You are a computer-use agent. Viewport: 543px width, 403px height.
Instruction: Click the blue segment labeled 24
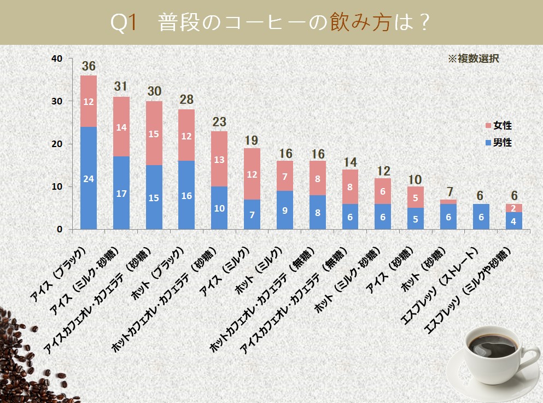click(x=89, y=178)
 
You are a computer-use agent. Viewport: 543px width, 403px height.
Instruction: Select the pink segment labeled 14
click(x=121, y=126)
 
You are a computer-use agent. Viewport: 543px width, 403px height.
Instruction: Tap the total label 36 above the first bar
click(x=89, y=67)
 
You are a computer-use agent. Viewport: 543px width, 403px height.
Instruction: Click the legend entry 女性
click(x=498, y=126)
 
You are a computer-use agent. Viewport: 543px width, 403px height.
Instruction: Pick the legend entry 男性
click(x=498, y=143)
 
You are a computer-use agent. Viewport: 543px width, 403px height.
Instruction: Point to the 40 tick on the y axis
click(x=57, y=59)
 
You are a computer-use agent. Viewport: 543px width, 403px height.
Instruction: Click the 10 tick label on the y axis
click(x=57, y=186)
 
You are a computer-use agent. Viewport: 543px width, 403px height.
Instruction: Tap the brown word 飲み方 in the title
click(x=360, y=23)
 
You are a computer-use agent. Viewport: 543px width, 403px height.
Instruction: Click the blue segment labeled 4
click(x=514, y=220)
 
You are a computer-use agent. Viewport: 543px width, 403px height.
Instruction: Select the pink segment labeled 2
click(x=514, y=208)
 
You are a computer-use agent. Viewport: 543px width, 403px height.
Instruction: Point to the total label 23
click(x=219, y=122)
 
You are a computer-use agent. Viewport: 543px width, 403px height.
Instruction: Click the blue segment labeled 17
click(x=121, y=192)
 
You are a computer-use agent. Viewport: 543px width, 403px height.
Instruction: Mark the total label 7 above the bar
click(x=448, y=191)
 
